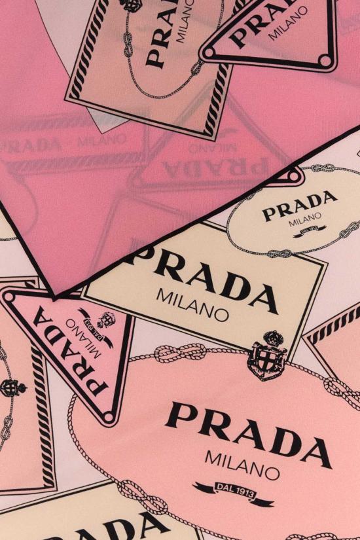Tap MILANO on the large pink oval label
point(242,464)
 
